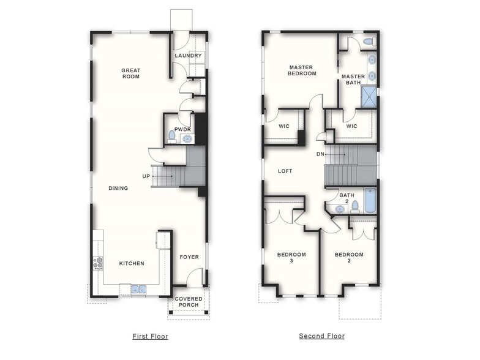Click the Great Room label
click(130, 73)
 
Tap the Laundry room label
click(188, 56)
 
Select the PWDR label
click(182, 129)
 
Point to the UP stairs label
click(146, 176)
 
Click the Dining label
click(118, 188)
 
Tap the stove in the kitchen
click(98, 263)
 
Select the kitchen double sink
click(138, 289)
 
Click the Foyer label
click(189, 257)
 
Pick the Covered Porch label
click(189, 302)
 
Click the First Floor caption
click(150, 336)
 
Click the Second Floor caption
click(321, 336)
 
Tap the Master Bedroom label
click(302, 70)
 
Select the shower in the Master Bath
click(369, 96)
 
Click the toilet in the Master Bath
click(368, 42)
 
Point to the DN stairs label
click(320, 154)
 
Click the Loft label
click(285, 171)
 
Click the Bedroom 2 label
click(348, 257)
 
